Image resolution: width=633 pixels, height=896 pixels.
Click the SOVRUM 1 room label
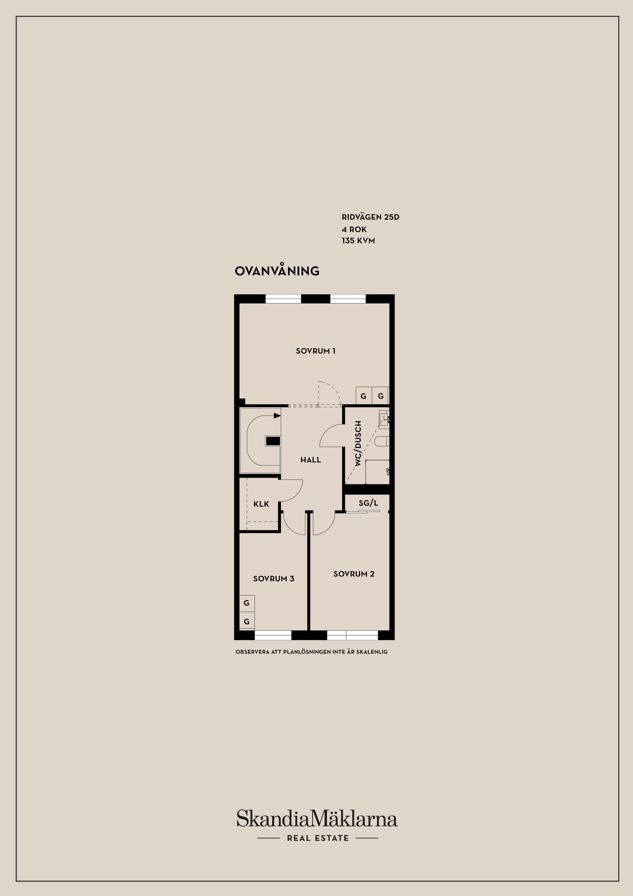click(x=316, y=351)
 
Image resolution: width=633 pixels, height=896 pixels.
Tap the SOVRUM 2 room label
click(x=354, y=574)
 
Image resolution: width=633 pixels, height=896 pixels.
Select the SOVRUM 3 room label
click(x=273, y=579)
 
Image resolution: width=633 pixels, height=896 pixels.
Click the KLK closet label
click(x=261, y=504)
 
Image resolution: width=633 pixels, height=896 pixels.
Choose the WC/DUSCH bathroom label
click(x=358, y=443)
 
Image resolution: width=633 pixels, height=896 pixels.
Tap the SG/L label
click(x=368, y=503)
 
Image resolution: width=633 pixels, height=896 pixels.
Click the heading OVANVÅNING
click(x=277, y=271)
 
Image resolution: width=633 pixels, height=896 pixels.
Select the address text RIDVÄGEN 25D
click(x=370, y=217)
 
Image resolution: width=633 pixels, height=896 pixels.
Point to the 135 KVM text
click(x=358, y=241)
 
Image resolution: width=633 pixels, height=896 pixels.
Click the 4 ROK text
click(x=354, y=230)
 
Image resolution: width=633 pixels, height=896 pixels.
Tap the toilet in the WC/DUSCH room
click(x=381, y=441)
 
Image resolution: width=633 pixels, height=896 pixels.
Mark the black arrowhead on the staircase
click(x=277, y=416)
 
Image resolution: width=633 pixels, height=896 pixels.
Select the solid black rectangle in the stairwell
click(x=273, y=441)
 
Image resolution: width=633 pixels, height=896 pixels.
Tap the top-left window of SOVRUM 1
click(x=283, y=299)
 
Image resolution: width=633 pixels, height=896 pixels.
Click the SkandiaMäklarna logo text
click(x=317, y=819)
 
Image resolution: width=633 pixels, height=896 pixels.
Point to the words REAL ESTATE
click(x=317, y=838)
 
